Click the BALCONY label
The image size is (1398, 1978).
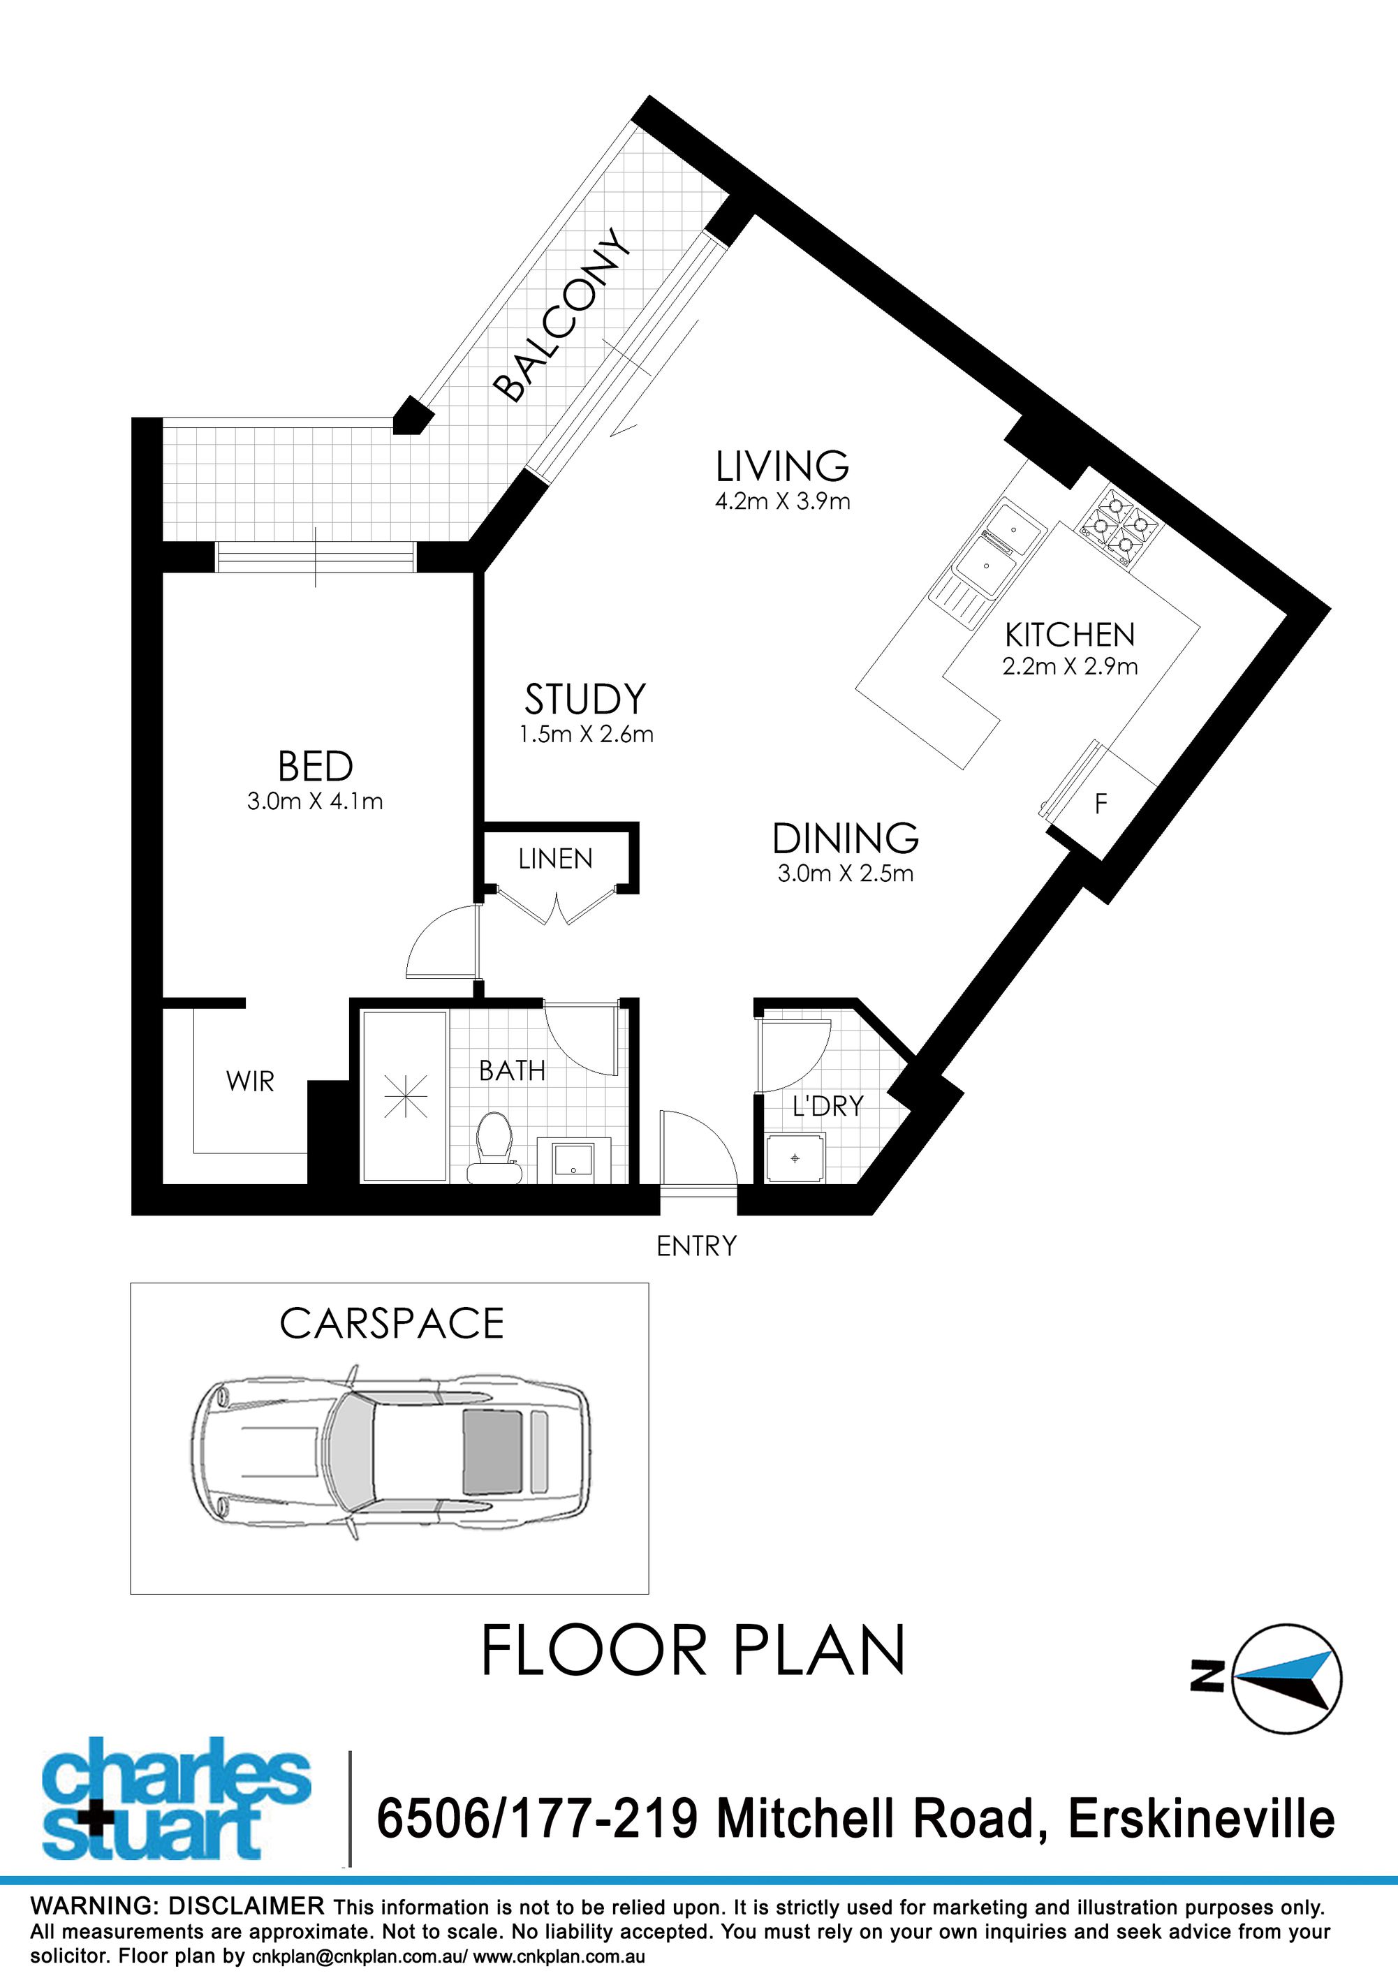point(562,314)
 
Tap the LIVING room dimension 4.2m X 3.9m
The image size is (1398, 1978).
point(782,501)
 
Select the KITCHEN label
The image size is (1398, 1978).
point(1070,635)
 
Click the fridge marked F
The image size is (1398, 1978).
point(1100,804)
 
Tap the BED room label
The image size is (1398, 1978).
point(315,766)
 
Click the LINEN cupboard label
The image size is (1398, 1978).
point(556,859)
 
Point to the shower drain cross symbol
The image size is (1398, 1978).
point(405,1097)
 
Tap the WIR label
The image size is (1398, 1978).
point(250,1082)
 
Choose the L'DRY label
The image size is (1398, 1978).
point(827,1106)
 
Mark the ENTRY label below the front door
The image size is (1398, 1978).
point(696,1246)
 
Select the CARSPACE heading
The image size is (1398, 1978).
point(392,1323)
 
